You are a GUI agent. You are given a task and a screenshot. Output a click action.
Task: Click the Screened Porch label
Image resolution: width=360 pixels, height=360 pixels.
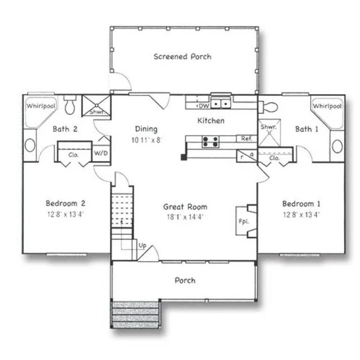(182, 57)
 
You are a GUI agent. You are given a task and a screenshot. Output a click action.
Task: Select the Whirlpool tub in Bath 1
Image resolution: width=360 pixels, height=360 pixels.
(327, 111)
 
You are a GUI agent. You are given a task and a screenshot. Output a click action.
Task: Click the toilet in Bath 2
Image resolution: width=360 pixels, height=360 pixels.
(70, 106)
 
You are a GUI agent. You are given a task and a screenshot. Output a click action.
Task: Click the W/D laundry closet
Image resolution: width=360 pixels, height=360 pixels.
(100, 153)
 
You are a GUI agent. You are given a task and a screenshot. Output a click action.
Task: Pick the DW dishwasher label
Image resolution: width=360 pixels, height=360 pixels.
(203, 106)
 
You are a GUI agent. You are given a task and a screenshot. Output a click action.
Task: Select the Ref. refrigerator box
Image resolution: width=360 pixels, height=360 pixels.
(247, 139)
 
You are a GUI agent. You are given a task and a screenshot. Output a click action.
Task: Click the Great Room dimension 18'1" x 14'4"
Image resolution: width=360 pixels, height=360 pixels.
(185, 216)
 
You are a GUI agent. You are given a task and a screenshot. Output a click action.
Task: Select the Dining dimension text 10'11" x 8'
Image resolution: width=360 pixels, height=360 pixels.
(146, 140)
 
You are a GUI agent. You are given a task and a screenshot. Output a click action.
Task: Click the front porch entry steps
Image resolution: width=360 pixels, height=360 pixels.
(136, 314)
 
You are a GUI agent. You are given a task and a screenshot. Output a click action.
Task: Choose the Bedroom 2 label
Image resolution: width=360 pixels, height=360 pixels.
(65, 203)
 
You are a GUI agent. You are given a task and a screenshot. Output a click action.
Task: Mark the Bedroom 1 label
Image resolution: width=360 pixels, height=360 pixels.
(301, 204)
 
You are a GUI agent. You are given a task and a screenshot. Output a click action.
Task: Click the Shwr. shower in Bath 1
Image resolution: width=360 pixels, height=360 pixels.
(269, 133)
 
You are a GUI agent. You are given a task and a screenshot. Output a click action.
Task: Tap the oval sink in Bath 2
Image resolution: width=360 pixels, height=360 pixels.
(30, 144)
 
